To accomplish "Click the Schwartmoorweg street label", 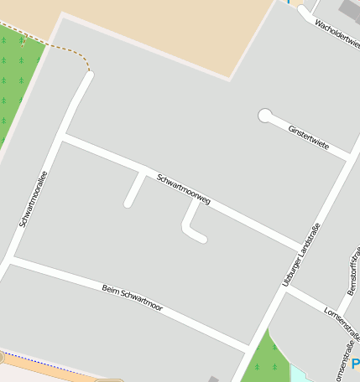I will (184, 190).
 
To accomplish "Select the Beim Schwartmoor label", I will (133, 299).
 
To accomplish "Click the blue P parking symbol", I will (355, 364).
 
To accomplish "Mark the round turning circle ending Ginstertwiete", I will (265, 116).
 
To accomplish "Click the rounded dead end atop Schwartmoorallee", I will (88, 77).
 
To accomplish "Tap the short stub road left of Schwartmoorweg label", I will (133, 188).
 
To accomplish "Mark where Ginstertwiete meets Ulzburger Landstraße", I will (347, 157).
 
